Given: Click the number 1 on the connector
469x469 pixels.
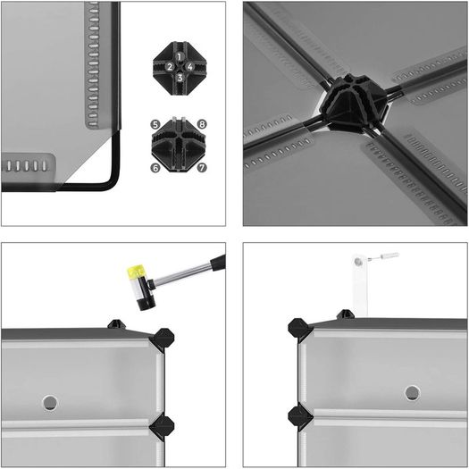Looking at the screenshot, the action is point(180,56).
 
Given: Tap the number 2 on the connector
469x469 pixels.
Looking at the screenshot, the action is point(170,67).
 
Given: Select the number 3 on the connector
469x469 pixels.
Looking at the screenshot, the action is point(180,78).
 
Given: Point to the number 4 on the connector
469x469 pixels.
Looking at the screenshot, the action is point(190,66).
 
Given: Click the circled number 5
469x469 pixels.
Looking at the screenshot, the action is point(155,124).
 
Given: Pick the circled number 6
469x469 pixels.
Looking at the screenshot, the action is point(155,168).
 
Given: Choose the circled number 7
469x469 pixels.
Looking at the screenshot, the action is point(202,168).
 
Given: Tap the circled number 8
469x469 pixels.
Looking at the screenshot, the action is point(202,124).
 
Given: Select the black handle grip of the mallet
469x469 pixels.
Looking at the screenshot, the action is point(218,263).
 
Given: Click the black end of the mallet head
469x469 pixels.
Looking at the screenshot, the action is point(147,302).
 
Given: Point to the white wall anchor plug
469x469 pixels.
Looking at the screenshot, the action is point(389,255).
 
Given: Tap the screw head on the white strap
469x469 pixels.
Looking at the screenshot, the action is point(357,262).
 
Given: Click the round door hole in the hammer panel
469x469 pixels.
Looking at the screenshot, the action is point(50,403).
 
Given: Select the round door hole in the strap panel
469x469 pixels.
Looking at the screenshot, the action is point(413,393).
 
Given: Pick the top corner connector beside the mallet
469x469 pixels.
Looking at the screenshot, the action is point(162,339).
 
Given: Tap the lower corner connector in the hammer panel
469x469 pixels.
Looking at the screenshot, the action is point(162,425).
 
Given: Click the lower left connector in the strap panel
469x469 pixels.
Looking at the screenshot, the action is point(299,416).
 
